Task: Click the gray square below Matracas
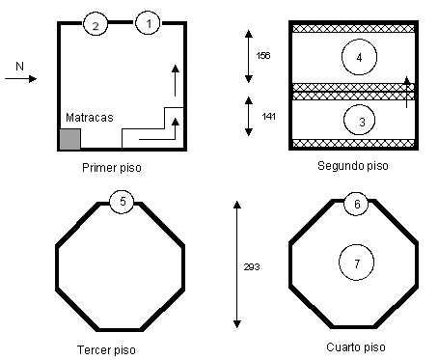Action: (x=70, y=139)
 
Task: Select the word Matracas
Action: (x=90, y=118)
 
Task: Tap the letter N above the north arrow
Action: (x=19, y=67)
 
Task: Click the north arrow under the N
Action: (x=20, y=78)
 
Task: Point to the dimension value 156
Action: (x=263, y=56)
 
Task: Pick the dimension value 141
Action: (x=268, y=117)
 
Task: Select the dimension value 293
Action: (x=252, y=266)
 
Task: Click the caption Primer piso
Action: (x=112, y=168)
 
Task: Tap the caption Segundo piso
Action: (x=353, y=166)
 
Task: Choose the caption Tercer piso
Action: (x=106, y=349)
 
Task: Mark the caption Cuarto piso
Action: (x=356, y=347)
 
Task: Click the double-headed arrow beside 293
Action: (x=237, y=264)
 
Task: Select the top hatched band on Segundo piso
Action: (x=353, y=28)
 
